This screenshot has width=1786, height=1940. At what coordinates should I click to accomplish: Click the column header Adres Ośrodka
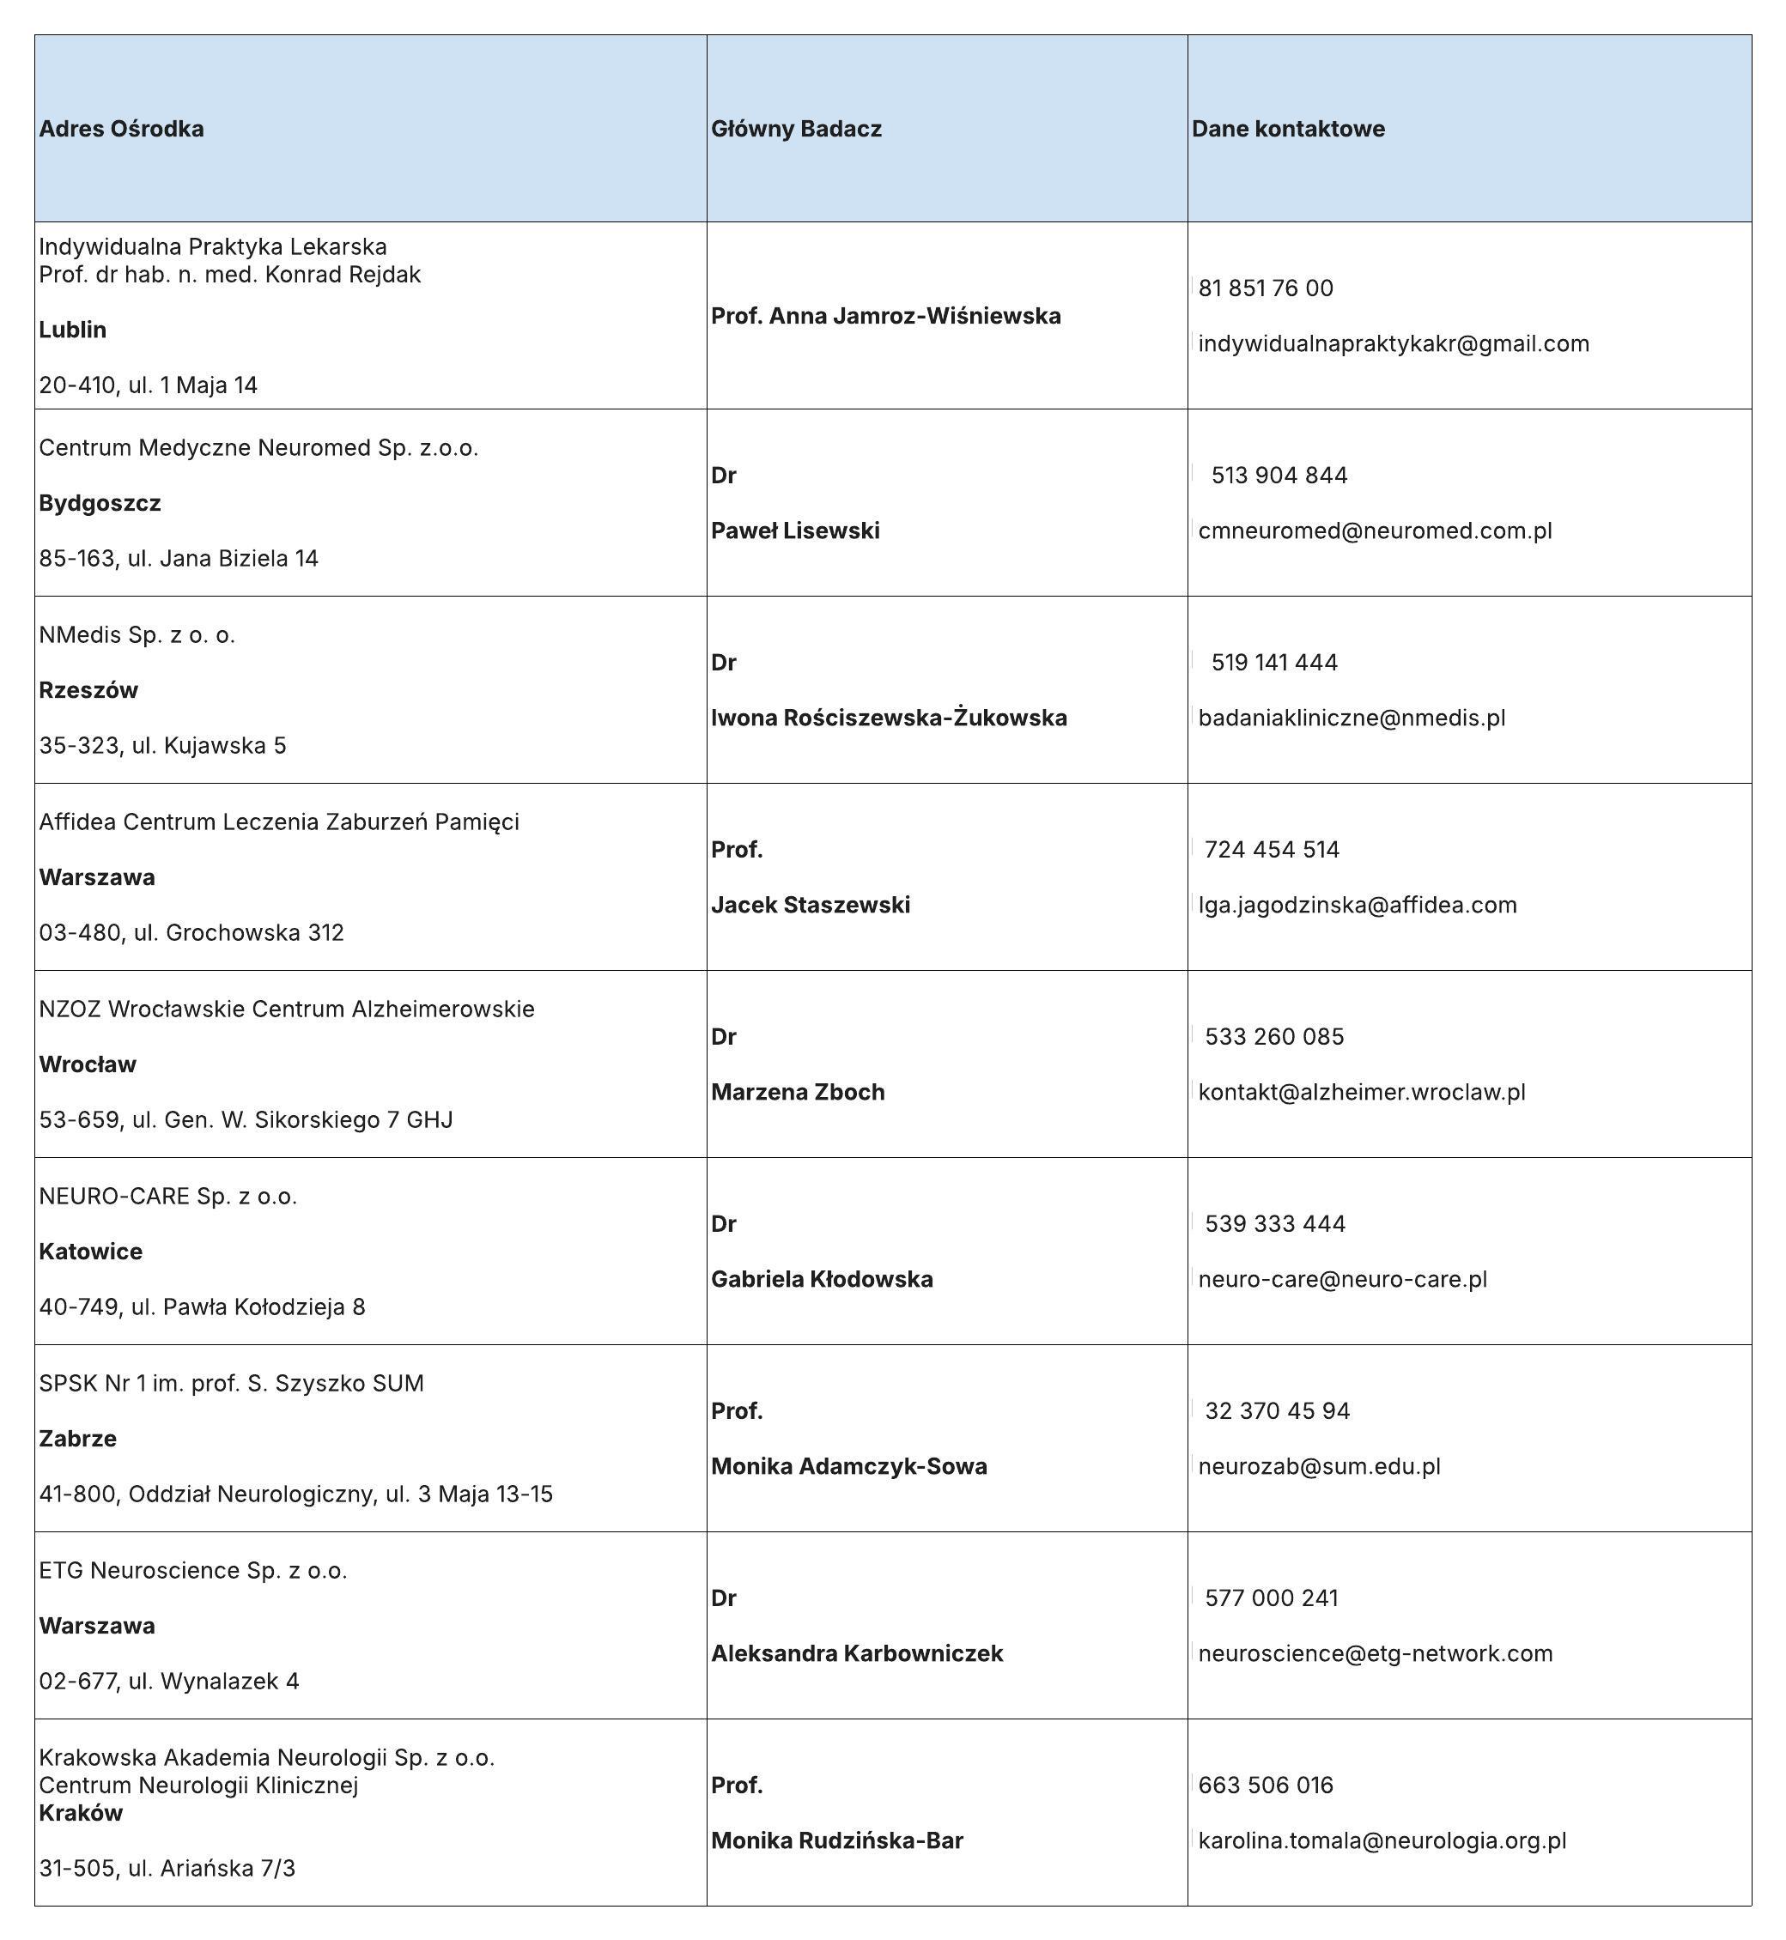point(121,129)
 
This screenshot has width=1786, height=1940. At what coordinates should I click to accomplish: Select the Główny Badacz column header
point(796,129)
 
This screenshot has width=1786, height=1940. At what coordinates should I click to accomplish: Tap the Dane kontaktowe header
point(1287,129)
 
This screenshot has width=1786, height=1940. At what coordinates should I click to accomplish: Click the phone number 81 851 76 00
point(1265,288)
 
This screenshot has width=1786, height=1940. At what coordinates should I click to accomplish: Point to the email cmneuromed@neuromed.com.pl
point(1375,530)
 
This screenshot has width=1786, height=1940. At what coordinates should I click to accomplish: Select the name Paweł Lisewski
point(795,530)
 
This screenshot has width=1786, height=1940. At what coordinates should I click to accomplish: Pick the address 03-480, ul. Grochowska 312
point(191,932)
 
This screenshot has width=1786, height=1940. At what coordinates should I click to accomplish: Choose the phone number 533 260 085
point(1273,1037)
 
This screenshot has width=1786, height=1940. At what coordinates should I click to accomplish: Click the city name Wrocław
point(87,1064)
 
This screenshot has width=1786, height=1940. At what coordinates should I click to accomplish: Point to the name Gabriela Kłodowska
point(823,1279)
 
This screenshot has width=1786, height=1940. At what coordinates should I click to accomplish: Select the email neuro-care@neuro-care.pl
point(1342,1279)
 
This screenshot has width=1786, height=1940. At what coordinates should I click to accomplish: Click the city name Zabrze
point(77,1439)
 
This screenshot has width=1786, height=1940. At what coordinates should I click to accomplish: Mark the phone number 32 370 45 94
point(1277,1410)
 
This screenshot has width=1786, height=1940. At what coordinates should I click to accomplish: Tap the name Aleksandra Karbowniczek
point(857,1653)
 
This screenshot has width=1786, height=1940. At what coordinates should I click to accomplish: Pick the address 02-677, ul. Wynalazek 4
point(169,1681)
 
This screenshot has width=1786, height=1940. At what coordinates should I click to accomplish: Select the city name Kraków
point(82,1812)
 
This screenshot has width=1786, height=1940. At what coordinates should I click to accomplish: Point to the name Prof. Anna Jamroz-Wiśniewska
point(886,316)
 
